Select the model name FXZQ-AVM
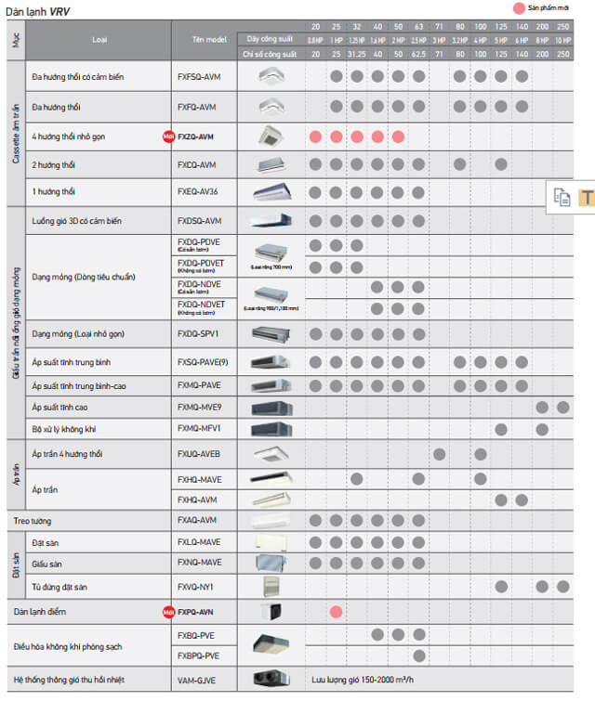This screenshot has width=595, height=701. [x=196, y=136]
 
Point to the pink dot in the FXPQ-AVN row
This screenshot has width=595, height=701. [x=337, y=612]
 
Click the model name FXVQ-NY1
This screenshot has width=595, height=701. [x=196, y=586]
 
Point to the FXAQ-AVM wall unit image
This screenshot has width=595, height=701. [x=270, y=520]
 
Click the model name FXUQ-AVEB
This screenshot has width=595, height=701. [x=198, y=453]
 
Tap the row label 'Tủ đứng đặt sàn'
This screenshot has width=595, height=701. [x=61, y=586]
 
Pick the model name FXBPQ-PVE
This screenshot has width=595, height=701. [x=198, y=656]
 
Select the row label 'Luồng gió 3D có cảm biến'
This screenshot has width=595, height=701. [x=76, y=222]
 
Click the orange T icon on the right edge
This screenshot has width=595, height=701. [x=587, y=197]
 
